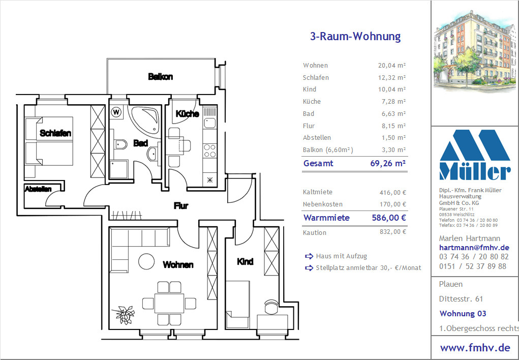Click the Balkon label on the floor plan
160,77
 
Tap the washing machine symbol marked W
116,112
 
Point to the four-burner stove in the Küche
209,151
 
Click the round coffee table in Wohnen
146,261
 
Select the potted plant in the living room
124,315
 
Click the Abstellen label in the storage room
38,189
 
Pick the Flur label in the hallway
181,205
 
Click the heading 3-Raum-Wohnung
355,36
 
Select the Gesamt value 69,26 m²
388,163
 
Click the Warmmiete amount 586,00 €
389,218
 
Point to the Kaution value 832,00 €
392,232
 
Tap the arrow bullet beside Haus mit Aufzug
309,256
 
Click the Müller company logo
475,155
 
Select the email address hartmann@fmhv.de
474,248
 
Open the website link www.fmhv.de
475,347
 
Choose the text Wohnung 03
463,313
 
